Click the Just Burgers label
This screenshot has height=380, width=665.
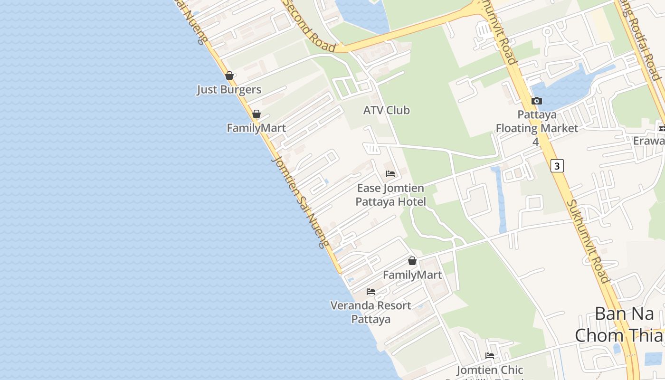pos(229,89)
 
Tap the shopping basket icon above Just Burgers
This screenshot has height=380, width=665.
pos(229,76)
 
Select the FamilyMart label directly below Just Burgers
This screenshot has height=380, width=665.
pos(256,128)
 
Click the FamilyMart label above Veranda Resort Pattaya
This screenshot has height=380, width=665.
pos(412,275)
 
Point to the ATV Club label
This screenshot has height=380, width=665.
pos(386,110)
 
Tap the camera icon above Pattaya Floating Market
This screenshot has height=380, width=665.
pos(537,101)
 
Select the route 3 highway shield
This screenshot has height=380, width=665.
pos(557,166)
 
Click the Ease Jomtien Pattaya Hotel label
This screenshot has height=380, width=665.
pos(390,195)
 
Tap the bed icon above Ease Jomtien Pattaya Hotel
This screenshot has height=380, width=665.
pos(390,174)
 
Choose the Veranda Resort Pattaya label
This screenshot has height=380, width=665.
pos(371,312)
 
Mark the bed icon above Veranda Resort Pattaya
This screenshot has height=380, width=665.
pos(371,292)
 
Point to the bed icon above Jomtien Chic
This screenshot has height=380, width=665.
pos(490,356)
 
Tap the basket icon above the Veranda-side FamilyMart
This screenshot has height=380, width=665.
pos(412,261)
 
